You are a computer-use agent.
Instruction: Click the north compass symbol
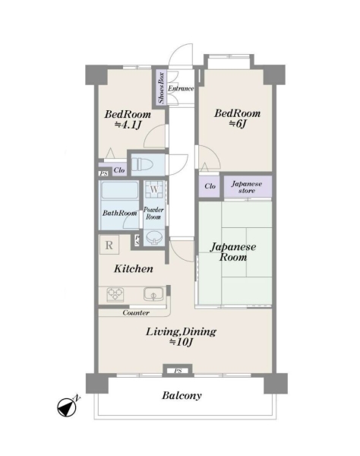click(x=68, y=407)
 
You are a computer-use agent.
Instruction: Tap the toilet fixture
click(x=142, y=164)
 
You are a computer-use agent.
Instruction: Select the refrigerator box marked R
click(x=109, y=245)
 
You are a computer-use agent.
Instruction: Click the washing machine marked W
click(x=154, y=189)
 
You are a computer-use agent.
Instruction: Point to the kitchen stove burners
click(x=115, y=295)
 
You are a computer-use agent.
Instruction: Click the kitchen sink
click(x=153, y=294)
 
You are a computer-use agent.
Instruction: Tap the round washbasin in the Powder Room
click(x=154, y=238)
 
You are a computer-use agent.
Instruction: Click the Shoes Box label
click(x=161, y=88)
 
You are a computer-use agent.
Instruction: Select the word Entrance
click(x=181, y=88)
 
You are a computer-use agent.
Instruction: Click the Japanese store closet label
click(x=247, y=187)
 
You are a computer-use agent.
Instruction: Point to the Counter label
click(x=136, y=312)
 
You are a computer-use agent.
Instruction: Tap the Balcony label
click(x=182, y=395)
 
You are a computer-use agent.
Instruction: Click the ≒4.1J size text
click(x=128, y=125)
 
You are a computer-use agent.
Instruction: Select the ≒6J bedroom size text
click(x=238, y=124)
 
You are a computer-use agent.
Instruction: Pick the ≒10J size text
click(x=182, y=342)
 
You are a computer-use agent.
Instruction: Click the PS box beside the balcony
click(x=178, y=371)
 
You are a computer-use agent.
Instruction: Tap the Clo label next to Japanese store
click(x=210, y=186)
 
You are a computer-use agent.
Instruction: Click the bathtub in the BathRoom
click(x=119, y=190)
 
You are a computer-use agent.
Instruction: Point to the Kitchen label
click(x=134, y=269)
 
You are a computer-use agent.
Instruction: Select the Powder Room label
click(x=153, y=213)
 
